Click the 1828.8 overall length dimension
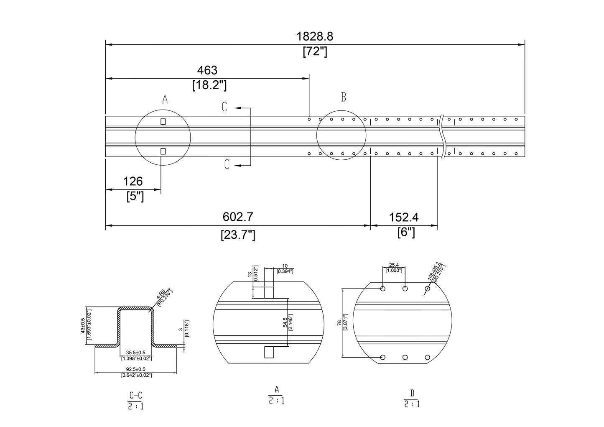[315, 36]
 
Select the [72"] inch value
[315, 52]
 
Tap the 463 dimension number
[208, 70]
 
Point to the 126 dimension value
[133, 182]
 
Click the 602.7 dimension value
[237, 217]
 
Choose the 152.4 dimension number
[404, 217]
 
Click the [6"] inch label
[406, 232]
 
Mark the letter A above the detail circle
[165, 100]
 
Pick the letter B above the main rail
[343, 97]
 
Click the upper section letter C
[224, 107]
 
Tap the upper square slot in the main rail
[163, 122]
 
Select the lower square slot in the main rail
[163, 151]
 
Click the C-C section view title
[136, 395]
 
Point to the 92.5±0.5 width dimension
[136, 369]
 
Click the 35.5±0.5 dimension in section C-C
[136, 353]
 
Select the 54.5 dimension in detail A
[285, 322]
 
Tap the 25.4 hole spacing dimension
[394, 265]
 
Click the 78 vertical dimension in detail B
[339, 323]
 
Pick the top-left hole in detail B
[383, 289]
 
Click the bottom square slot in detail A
[268, 353]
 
